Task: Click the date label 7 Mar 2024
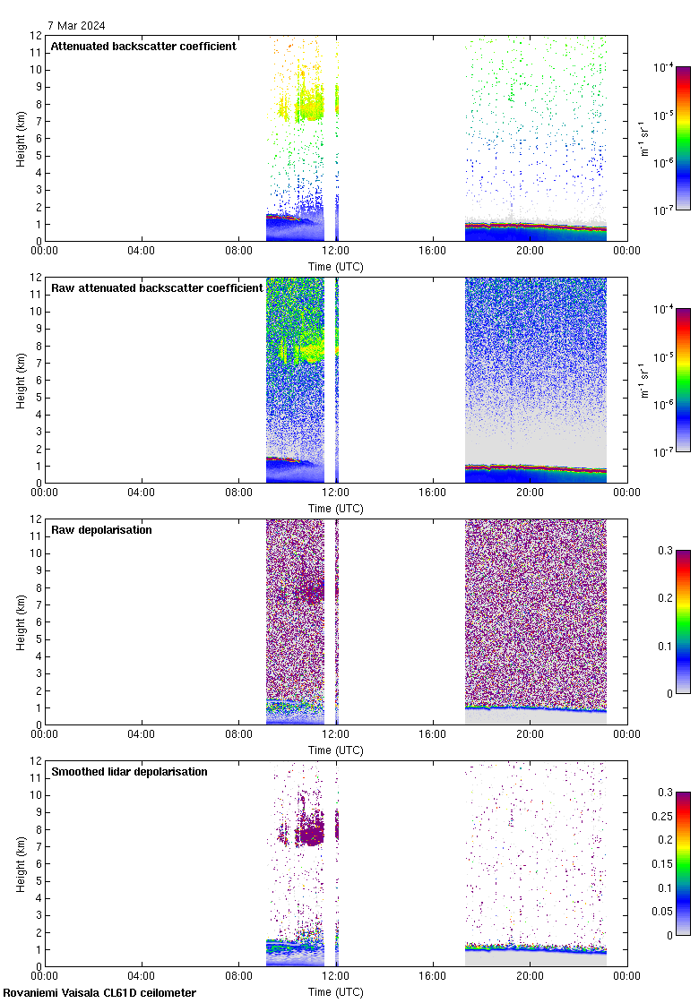click(76, 25)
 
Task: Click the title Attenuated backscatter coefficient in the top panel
click(143, 47)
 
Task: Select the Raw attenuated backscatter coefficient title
click(157, 288)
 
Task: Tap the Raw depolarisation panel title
click(101, 530)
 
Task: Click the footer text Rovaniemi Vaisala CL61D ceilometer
click(99, 993)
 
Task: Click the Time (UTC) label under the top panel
click(336, 266)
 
